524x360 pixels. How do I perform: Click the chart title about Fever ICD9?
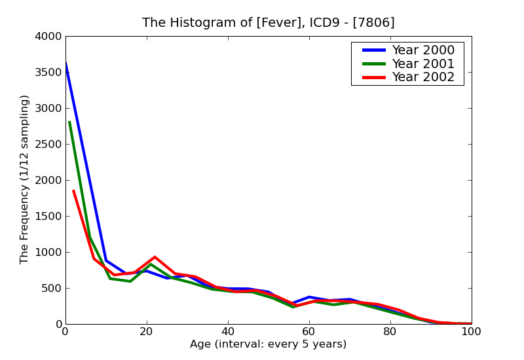(268, 23)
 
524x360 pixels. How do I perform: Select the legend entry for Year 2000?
(422, 50)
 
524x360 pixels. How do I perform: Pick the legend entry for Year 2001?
(422, 64)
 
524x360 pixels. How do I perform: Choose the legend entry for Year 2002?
(422, 77)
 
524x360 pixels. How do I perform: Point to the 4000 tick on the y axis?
(49, 37)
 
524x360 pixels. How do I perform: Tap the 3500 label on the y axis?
(49, 73)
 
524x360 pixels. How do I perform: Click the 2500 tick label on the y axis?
(49, 145)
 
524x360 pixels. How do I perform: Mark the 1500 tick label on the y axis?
(49, 217)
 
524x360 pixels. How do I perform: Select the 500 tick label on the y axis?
(52, 289)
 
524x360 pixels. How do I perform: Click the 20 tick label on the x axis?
(147, 332)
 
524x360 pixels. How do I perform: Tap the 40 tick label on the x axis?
(228, 332)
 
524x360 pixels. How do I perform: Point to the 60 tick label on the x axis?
(309, 332)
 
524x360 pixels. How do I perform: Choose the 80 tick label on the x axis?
(390, 332)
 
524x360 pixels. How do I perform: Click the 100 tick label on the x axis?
(471, 332)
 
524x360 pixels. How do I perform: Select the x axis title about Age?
(268, 344)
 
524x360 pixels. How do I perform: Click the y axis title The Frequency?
(25, 179)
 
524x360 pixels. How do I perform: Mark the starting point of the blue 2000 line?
(65, 63)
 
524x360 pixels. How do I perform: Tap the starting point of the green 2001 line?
(69, 122)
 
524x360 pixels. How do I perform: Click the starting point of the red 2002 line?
(73, 191)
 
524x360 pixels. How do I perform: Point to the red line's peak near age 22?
(155, 257)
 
